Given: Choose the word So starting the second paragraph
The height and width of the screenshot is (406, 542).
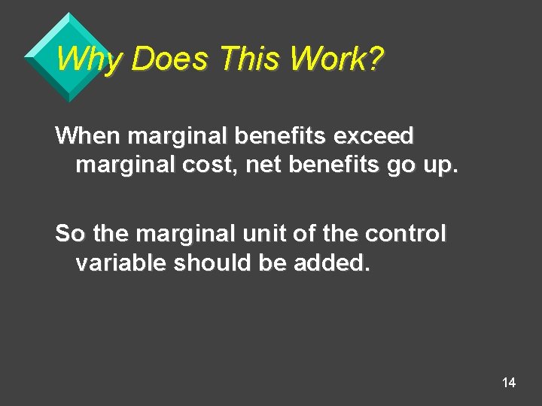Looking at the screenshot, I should tap(70, 234).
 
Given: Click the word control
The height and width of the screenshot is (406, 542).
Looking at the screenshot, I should tap(406, 234).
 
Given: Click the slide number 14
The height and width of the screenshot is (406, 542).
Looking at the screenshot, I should tap(509, 383).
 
